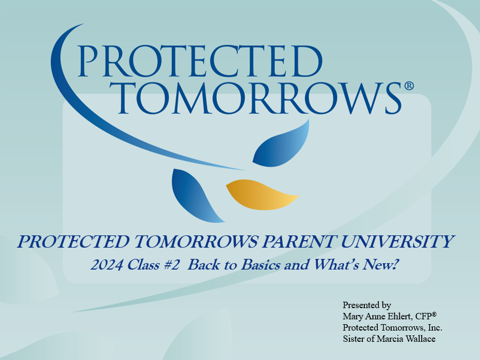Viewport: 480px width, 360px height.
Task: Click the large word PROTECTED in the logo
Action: point(200,60)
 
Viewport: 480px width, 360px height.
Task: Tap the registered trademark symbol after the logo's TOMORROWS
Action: point(409,86)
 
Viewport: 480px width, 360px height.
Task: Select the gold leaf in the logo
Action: point(261,195)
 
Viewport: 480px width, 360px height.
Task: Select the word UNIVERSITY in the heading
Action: point(405,242)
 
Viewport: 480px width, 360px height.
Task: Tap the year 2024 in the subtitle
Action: point(104,264)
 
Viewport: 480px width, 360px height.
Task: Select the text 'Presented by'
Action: point(367,305)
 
